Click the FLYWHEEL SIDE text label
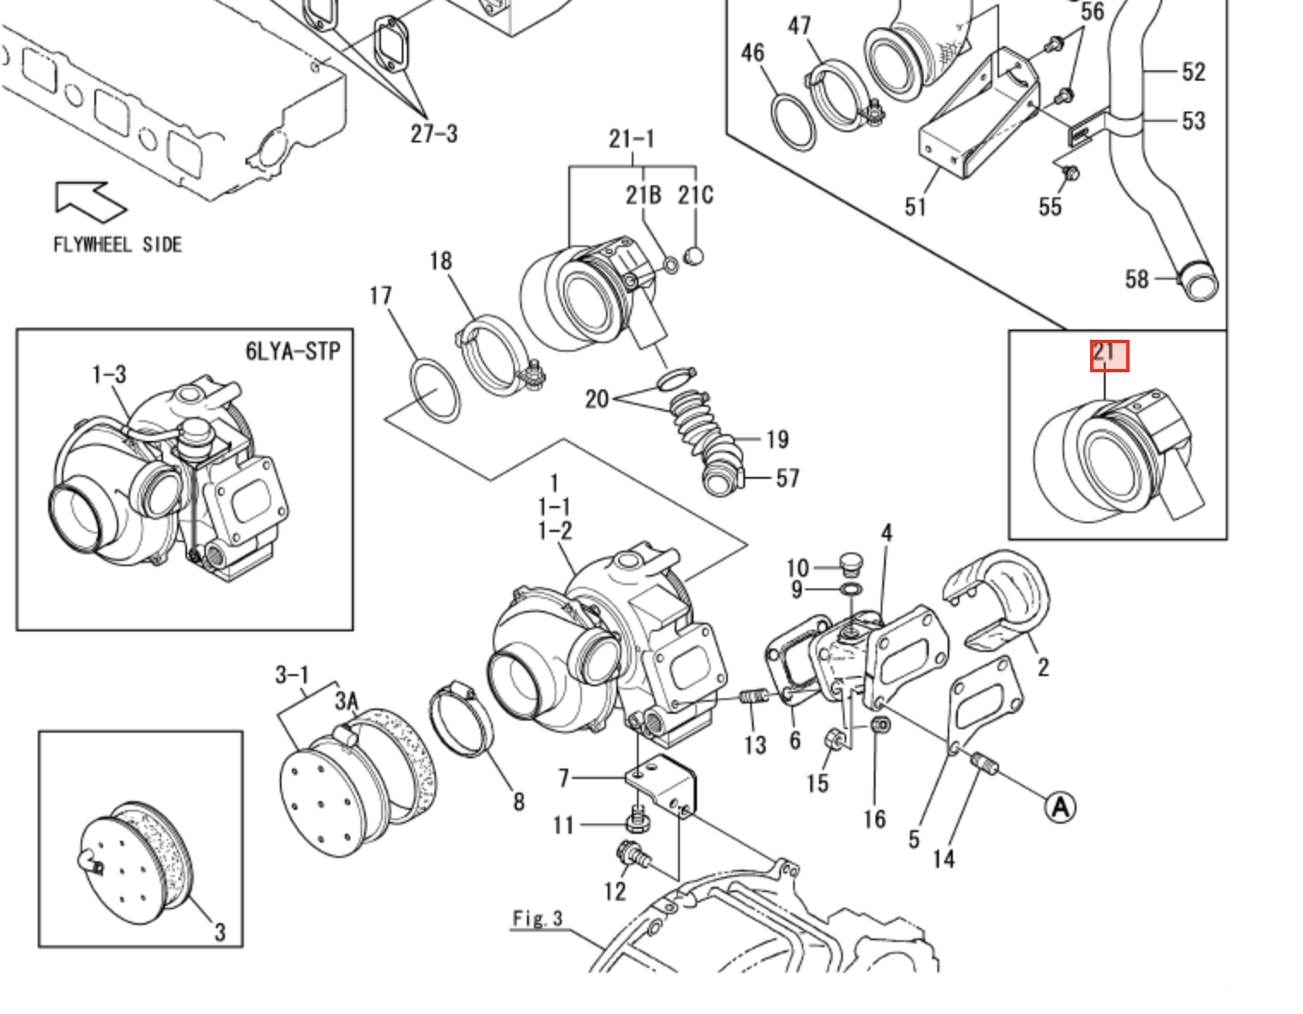click(118, 244)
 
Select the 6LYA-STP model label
click(292, 351)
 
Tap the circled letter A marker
click(1060, 806)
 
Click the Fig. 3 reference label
click(537, 919)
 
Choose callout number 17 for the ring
click(380, 296)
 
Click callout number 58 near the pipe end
click(1136, 279)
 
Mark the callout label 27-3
click(433, 133)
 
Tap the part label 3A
click(346, 701)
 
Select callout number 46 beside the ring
click(752, 53)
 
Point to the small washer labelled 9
click(851, 590)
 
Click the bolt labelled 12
click(630, 854)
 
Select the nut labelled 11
click(637, 823)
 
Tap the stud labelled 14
click(983, 761)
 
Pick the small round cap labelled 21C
click(695, 255)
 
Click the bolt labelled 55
click(1070, 175)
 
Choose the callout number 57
click(787, 479)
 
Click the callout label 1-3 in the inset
click(109, 374)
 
